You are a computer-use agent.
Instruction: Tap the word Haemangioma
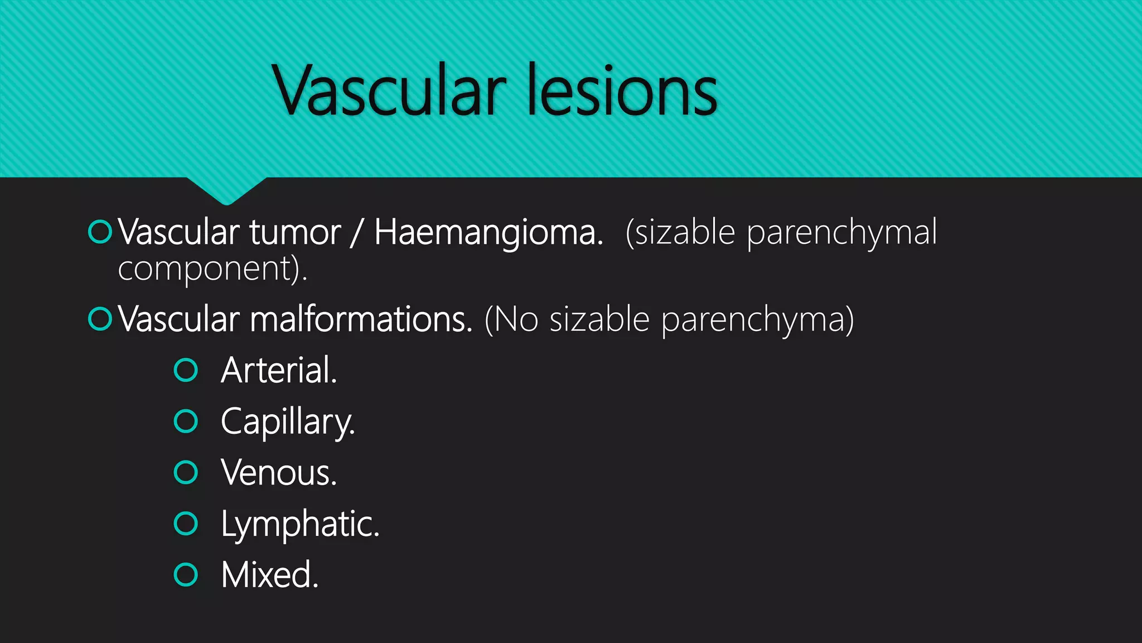click(x=488, y=232)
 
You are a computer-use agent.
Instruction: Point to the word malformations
click(x=361, y=319)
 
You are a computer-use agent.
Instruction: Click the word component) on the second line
click(x=212, y=269)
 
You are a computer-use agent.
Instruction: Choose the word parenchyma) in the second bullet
click(x=757, y=320)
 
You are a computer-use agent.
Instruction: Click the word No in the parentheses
click(x=516, y=319)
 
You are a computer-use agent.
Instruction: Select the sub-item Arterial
click(x=279, y=370)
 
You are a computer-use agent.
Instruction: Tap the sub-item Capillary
click(x=288, y=422)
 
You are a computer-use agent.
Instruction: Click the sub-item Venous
click(x=279, y=473)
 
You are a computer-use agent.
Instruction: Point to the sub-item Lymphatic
click(x=300, y=524)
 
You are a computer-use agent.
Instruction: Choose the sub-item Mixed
click(x=270, y=575)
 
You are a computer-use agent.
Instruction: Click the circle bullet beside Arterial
click(x=186, y=370)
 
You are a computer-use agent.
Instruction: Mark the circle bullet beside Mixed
click(x=186, y=575)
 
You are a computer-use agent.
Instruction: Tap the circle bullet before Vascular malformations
click(x=100, y=319)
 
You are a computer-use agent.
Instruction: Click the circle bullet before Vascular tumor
click(x=100, y=232)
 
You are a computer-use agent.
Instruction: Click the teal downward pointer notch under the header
click(x=226, y=190)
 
